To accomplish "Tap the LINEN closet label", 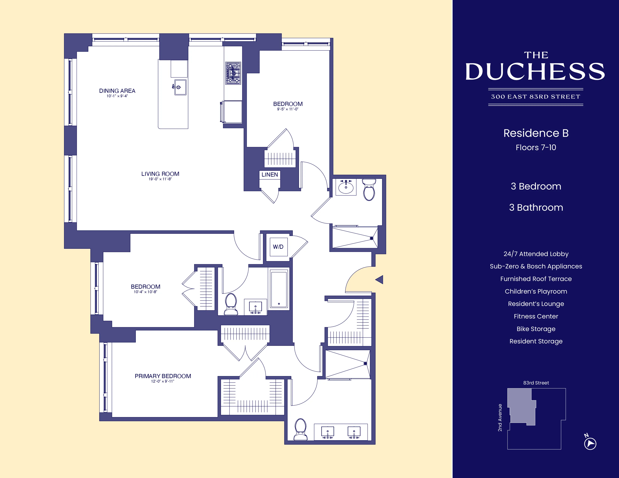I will coord(270,175).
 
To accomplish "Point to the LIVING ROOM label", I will coord(160,174).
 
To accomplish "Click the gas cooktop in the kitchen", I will coord(233,73).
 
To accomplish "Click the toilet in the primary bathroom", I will coord(300,429).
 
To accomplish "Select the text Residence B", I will coord(536,133).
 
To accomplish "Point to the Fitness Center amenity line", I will coord(536,316).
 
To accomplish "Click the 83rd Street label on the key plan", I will coord(536,383).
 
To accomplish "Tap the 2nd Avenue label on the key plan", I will coord(500,417).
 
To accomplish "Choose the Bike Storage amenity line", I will coord(536,329).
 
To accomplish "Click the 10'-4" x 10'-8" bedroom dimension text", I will coord(145,292).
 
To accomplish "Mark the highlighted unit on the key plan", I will coord(521,406).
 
